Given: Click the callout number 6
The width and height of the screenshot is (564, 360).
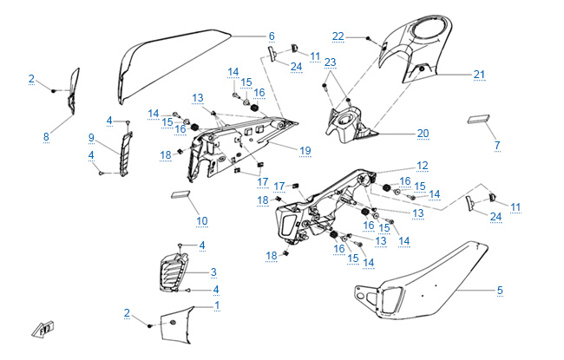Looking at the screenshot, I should click(272, 36).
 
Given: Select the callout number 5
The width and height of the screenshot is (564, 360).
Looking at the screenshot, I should click(500, 291).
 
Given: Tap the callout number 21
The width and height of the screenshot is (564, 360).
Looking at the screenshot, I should click(479, 75).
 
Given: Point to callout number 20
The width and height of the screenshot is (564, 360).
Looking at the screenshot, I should click(423, 134).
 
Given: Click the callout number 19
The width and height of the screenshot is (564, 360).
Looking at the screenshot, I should click(305, 151).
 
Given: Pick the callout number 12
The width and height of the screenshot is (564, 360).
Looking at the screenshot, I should click(423, 165).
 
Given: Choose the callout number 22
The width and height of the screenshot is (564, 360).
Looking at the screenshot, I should click(338, 36).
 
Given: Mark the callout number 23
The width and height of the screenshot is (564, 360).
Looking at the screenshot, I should click(331, 63).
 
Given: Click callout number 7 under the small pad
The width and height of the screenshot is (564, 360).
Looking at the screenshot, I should click(497, 146).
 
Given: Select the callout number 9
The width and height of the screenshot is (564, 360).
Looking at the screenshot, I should click(91, 137).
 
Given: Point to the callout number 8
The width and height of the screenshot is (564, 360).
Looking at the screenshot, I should click(46, 136).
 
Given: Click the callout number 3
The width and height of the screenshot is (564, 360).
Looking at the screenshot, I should click(213, 272).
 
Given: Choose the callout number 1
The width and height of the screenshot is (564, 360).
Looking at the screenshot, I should click(216, 305).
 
